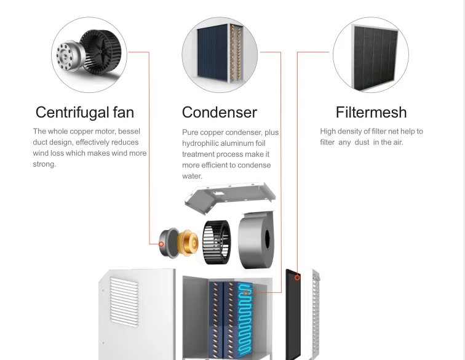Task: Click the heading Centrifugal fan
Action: pos(84,113)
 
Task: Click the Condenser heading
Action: pos(219,113)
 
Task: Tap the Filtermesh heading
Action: pos(371,113)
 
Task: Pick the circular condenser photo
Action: pos(220,54)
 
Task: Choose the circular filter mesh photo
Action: pos(371,54)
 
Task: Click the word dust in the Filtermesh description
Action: pos(364,142)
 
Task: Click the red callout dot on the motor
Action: pos(161,244)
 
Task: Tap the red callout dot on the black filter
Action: pos(297,278)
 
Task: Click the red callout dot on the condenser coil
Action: pos(247,293)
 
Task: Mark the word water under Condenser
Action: pos(192,176)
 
